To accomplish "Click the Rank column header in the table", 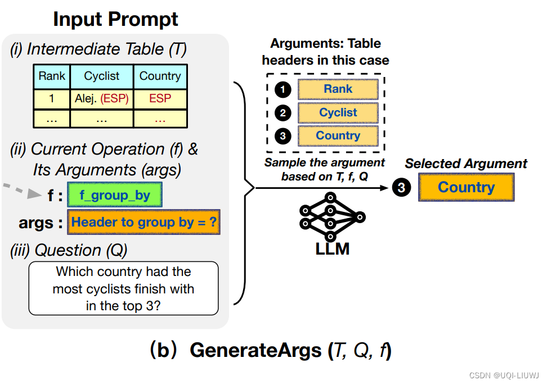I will pyautogui.click(x=52, y=76).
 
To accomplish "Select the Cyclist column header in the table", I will pyautogui.click(x=102, y=76).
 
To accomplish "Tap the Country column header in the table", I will pyautogui.click(x=160, y=76).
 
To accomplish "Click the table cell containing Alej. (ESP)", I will pyautogui.click(x=102, y=99).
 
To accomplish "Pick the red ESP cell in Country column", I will pyautogui.click(x=160, y=99).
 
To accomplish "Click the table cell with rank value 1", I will pyautogui.click(x=52, y=99).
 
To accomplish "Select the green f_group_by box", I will pyautogui.click(x=114, y=196).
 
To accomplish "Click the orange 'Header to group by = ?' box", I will pyautogui.click(x=144, y=222).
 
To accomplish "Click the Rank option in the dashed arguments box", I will pyautogui.click(x=338, y=89).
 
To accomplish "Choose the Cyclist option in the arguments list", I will pyautogui.click(x=338, y=112).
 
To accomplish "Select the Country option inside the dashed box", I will pyautogui.click(x=338, y=135).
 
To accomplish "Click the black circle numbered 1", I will pyautogui.click(x=282, y=89).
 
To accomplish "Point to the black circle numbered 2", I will pyautogui.click(x=282, y=113).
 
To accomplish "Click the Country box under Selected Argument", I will pyautogui.click(x=466, y=187).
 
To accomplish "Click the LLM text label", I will pyautogui.click(x=332, y=248).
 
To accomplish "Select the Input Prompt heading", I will pyautogui.click(x=115, y=19).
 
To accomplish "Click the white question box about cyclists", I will pyautogui.click(x=123, y=288).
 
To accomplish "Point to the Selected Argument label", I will pyautogui.click(x=466, y=164).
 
